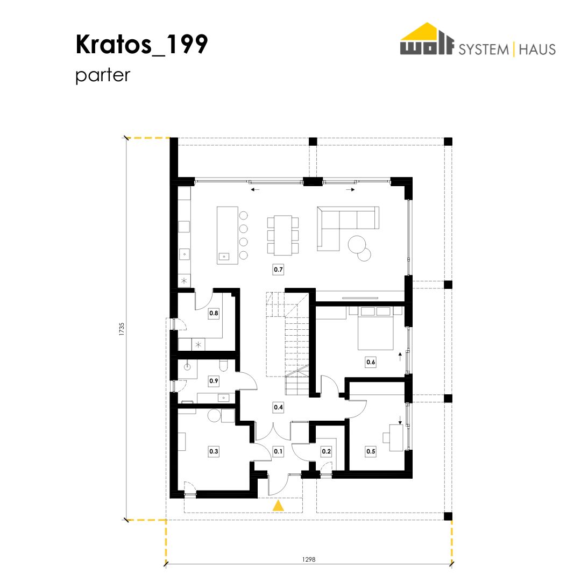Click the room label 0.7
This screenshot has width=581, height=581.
[x=278, y=270]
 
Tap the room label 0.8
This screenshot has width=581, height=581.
[x=214, y=313]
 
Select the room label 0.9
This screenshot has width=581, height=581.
[x=214, y=380]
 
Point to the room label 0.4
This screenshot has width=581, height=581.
[x=278, y=407]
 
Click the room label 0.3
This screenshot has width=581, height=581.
[x=214, y=451]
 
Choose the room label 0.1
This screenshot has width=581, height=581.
[x=278, y=451]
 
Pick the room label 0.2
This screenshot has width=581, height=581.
[x=326, y=451]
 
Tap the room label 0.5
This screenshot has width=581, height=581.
[x=371, y=451]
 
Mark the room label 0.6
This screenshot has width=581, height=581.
[x=371, y=362]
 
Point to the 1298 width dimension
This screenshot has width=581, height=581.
[x=309, y=559]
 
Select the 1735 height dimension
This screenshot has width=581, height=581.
[x=122, y=329]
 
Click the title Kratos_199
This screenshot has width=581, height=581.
[x=141, y=45]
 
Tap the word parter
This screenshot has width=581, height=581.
[x=103, y=75]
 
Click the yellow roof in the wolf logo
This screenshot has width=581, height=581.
[x=427, y=31]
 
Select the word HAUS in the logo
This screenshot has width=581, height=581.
[x=537, y=49]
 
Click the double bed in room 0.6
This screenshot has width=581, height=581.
[x=375, y=328]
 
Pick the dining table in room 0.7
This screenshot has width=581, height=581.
[x=283, y=235]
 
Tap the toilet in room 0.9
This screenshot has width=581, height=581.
[x=223, y=365]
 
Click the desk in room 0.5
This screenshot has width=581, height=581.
[x=396, y=438]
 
